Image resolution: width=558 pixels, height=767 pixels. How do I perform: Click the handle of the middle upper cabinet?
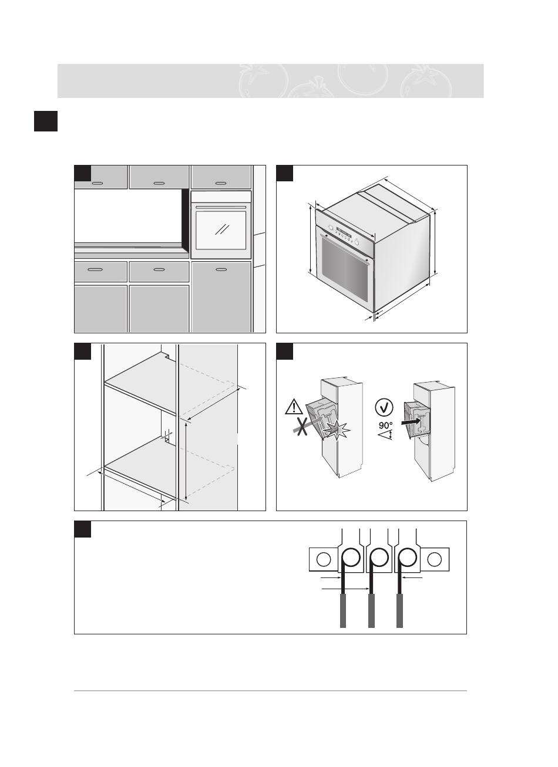coord(159,183)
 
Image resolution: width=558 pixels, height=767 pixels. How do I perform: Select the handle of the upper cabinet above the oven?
coord(221,183)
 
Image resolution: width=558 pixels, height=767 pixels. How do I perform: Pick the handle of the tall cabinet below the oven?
coord(221,269)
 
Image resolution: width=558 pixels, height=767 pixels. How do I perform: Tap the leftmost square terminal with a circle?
coord(323,559)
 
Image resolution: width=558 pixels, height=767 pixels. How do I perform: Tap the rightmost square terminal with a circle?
coord(435,559)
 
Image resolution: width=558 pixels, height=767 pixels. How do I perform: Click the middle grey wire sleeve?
coord(371,610)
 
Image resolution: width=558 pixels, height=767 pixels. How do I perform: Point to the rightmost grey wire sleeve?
coord(400,610)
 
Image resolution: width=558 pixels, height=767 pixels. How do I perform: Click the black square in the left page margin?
coord(45,121)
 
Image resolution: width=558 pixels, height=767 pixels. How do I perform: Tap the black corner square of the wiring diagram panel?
coord(83,529)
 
